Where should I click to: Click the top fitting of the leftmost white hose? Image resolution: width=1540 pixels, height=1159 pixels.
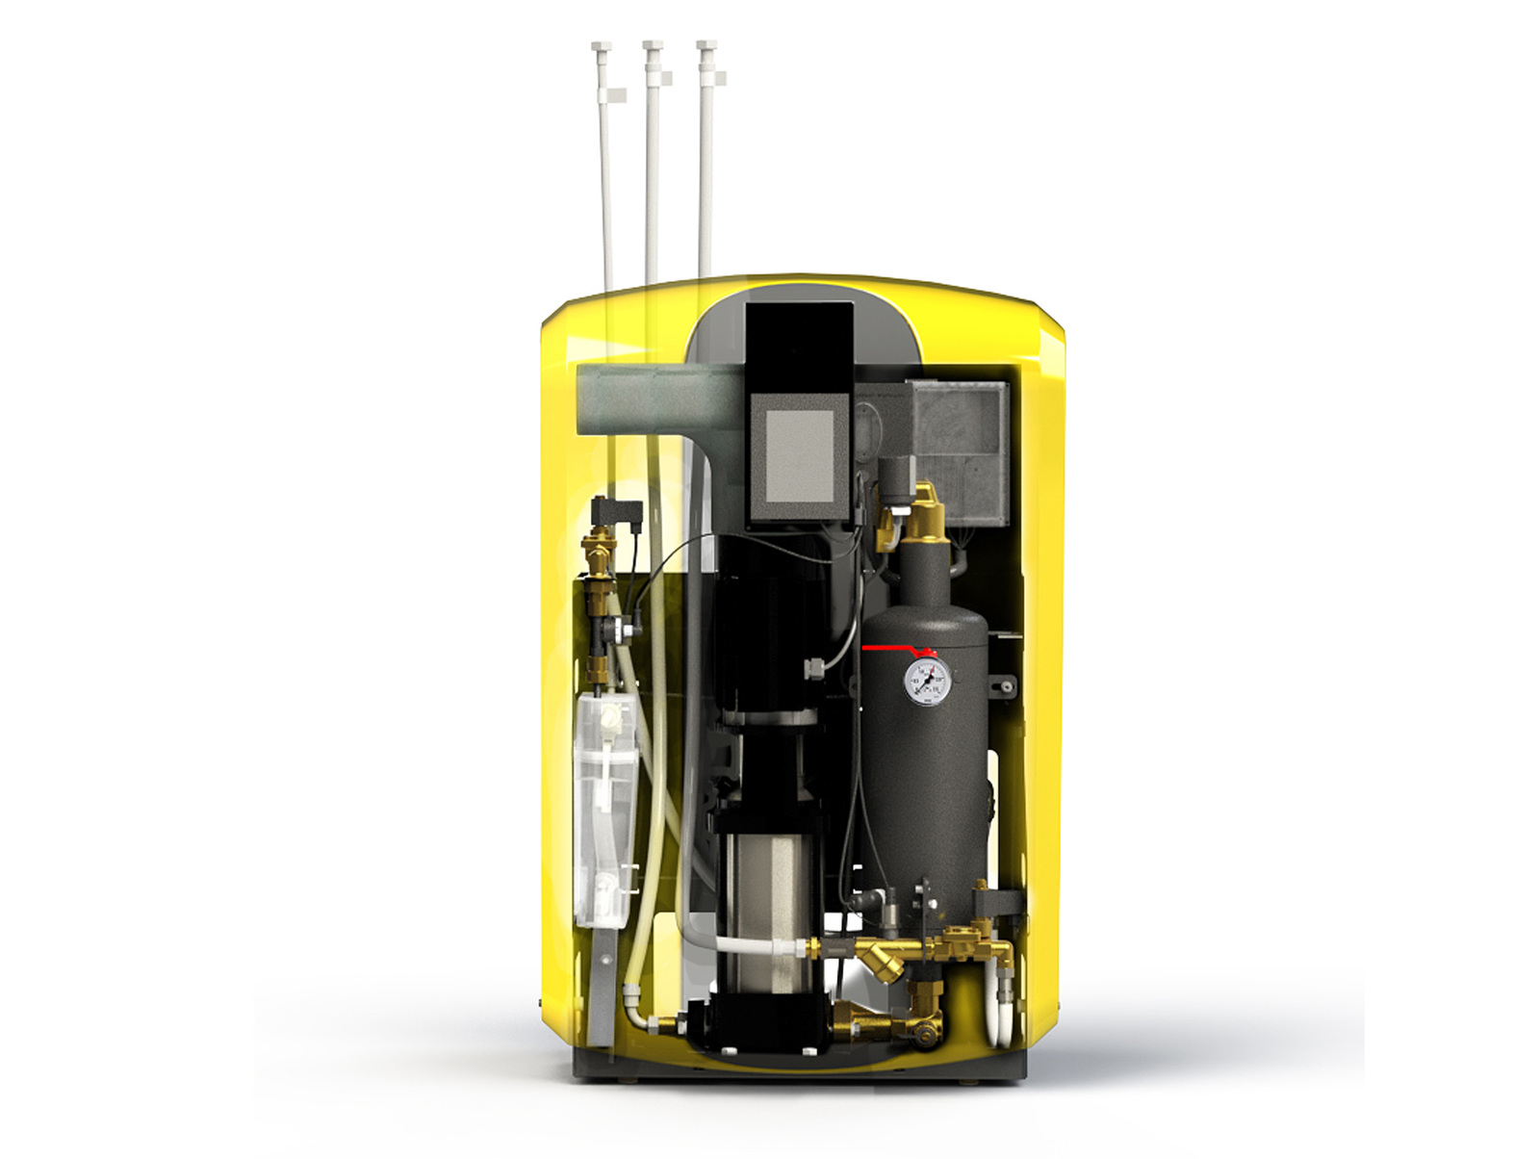[x=602, y=47]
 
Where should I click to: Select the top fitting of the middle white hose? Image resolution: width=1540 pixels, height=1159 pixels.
[x=653, y=47]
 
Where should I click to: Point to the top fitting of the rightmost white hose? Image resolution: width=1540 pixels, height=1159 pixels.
[x=706, y=47]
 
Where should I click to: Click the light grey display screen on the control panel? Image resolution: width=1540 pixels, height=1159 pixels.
[x=799, y=454]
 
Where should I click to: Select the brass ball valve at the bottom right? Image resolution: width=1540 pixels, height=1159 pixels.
[x=926, y=1030]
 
